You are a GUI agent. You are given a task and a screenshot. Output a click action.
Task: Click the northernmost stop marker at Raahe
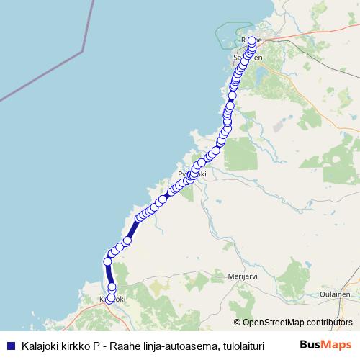pos(252,40)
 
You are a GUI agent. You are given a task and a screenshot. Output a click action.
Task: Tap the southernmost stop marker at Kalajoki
pos(110,300)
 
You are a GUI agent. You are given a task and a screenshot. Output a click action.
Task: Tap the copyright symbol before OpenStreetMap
pos(238,323)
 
